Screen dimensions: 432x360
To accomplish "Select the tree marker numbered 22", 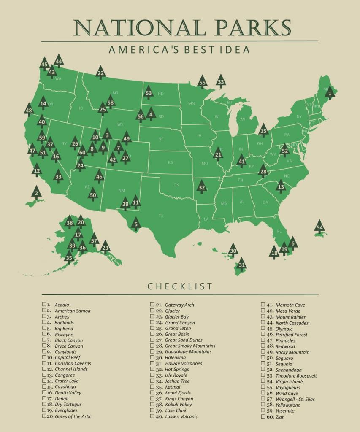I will pyautogui.click(x=100, y=73).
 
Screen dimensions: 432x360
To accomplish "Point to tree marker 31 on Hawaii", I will pyautogui.click(x=241, y=265).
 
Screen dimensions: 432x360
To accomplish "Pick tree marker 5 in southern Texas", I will pyautogui.click(x=135, y=224).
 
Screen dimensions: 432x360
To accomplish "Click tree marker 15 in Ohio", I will pyautogui.click(x=263, y=131).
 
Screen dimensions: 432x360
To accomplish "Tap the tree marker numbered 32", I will pyautogui.click(x=202, y=187).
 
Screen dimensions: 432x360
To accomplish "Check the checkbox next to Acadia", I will pyautogui.click(x=44, y=304).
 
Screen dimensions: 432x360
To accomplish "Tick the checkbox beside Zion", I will pyautogui.click(x=263, y=416).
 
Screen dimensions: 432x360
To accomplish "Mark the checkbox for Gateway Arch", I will pyautogui.click(x=152, y=304).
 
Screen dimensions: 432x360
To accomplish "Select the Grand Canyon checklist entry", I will pyautogui.click(x=180, y=322).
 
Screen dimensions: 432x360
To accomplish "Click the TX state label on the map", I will pyautogui.click(x=161, y=216).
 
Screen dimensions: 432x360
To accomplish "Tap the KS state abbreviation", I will pyautogui.click(x=170, y=162).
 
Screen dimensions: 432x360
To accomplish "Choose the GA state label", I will pyautogui.click(x=265, y=202).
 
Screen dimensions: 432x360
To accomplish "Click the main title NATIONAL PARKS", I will pyautogui.click(x=182, y=28).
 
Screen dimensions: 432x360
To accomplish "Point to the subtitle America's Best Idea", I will pyautogui.click(x=179, y=50).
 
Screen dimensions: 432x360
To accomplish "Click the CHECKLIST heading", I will pyautogui.click(x=180, y=286).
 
